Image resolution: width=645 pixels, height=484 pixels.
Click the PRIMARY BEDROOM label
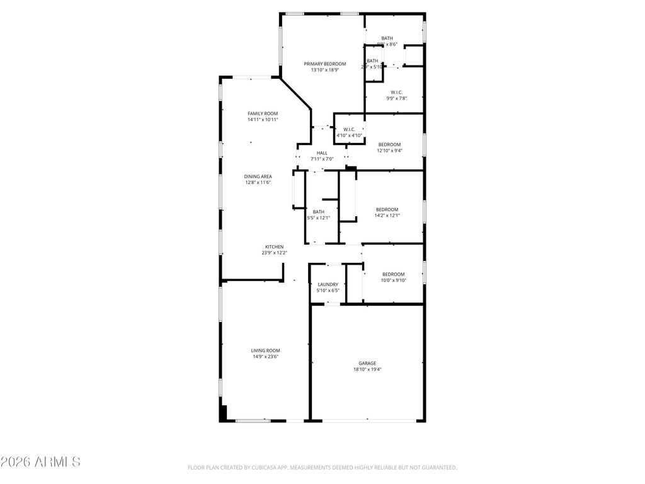[325, 64]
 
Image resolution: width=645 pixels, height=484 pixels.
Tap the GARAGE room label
[367, 363]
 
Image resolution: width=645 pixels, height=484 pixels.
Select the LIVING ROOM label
[265, 350]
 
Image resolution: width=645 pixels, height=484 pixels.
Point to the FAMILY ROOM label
[263, 113]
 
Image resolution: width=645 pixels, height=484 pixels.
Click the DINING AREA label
[258, 176]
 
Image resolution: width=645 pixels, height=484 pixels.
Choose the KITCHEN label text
[274, 246]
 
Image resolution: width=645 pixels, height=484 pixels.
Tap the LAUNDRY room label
[328, 284]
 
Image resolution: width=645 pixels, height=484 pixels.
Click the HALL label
[322, 153]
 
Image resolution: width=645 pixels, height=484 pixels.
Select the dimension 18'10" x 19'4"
[367, 369]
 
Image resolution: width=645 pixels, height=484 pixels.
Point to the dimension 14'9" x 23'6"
[265, 357]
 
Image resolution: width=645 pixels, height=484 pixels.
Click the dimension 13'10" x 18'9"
[325, 70]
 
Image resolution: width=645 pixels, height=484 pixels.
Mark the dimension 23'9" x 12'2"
[274, 253]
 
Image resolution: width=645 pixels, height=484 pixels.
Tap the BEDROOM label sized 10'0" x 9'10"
[393, 274]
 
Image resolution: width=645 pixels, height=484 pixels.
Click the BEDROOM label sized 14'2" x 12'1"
[387, 209]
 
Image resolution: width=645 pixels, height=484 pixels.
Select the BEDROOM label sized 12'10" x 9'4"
[389, 144]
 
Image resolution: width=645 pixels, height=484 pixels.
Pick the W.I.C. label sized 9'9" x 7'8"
[396, 92]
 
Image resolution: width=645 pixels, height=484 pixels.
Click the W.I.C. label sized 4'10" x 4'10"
[349, 129]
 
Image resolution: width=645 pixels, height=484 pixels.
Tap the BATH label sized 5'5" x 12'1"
[319, 212]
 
